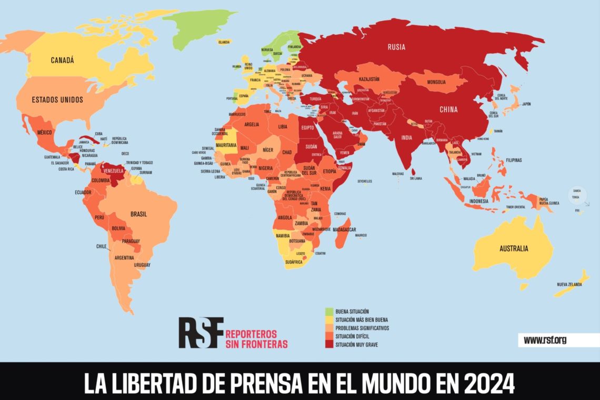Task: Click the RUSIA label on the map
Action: pyautogui.click(x=396, y=47)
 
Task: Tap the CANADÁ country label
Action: pyautogui.click(x=62, y=61)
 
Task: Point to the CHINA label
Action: pyautogui.click(x=449, y=110)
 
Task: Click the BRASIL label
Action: pyautogui.click(x=138, y=214)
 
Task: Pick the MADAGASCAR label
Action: pyautogui.click(x=345, y=229)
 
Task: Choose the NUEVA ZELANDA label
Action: pyautogui.click(x=570, y=285)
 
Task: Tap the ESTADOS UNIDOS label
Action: pyautogui.click(x=57, y=99)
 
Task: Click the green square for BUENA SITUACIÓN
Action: pyautogui.click(x=329, y=311)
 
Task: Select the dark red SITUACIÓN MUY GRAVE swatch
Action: pyautogui.click(x=329, y=344)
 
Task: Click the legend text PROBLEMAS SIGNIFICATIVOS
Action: pyautogui.click(x=362, y=328)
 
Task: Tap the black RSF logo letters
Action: pyautogui.click(x=201, y=332)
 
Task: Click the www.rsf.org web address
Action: pyautogui.click(x=545, y=340)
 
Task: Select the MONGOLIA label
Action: pyautogui.click(x=436, y=82)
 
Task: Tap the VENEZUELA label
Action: pyautogui.click(x=113, y=171)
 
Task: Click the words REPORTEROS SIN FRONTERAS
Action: pyautogui.click(x=256, y=339)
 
